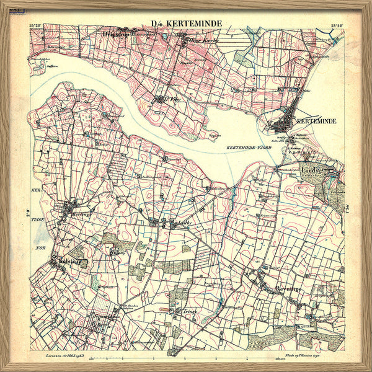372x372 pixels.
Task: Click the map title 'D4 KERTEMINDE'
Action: pyautogui.click(x=186, y=24)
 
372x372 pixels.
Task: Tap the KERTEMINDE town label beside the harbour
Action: pyautogui.click(x=316, y=121)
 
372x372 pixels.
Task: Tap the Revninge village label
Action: pyautogui.click(x=288, y=289)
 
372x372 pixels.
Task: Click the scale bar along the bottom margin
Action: pyautogui.click(x=186, y=359)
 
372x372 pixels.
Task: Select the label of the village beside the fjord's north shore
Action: pyautogui.click(x=162, y=97)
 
